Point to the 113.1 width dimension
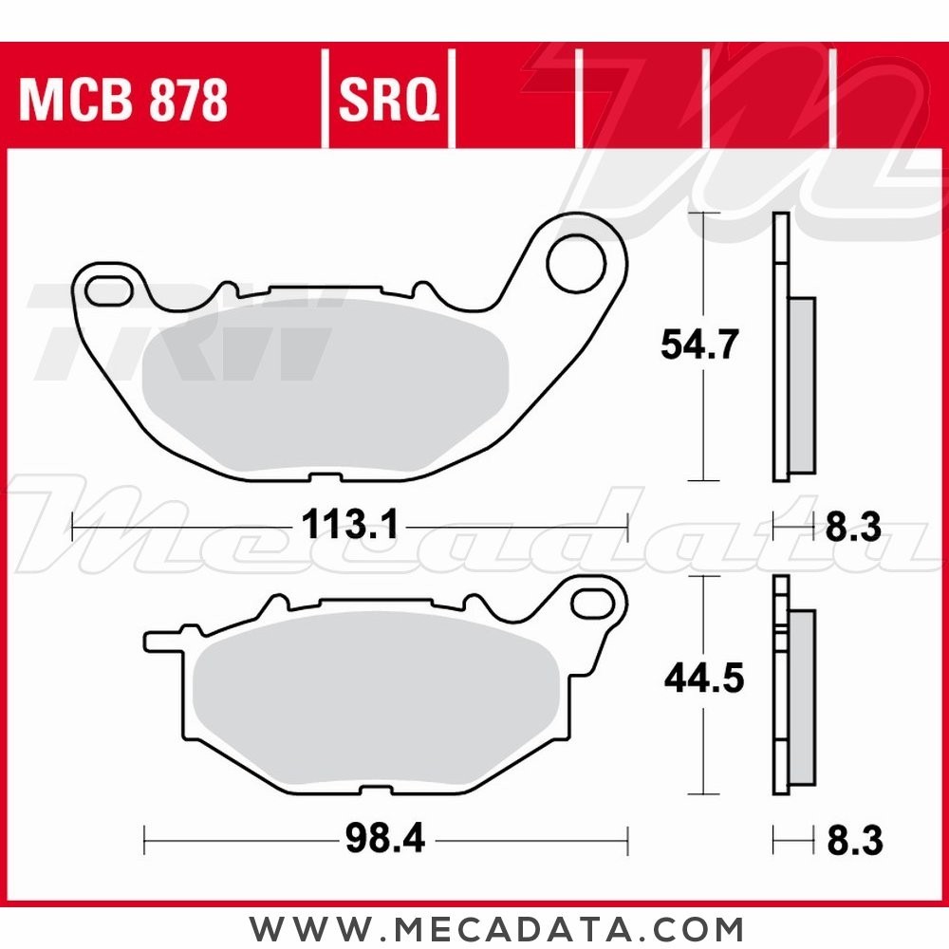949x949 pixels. tap(350, 524)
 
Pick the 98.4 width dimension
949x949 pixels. tap(384, 839)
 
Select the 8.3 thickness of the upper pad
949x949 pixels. tap(853, 525)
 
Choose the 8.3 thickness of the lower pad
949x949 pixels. tap(853, 839)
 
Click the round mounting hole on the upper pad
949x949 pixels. tap(577, 264)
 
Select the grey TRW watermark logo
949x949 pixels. tap(180, 332)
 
